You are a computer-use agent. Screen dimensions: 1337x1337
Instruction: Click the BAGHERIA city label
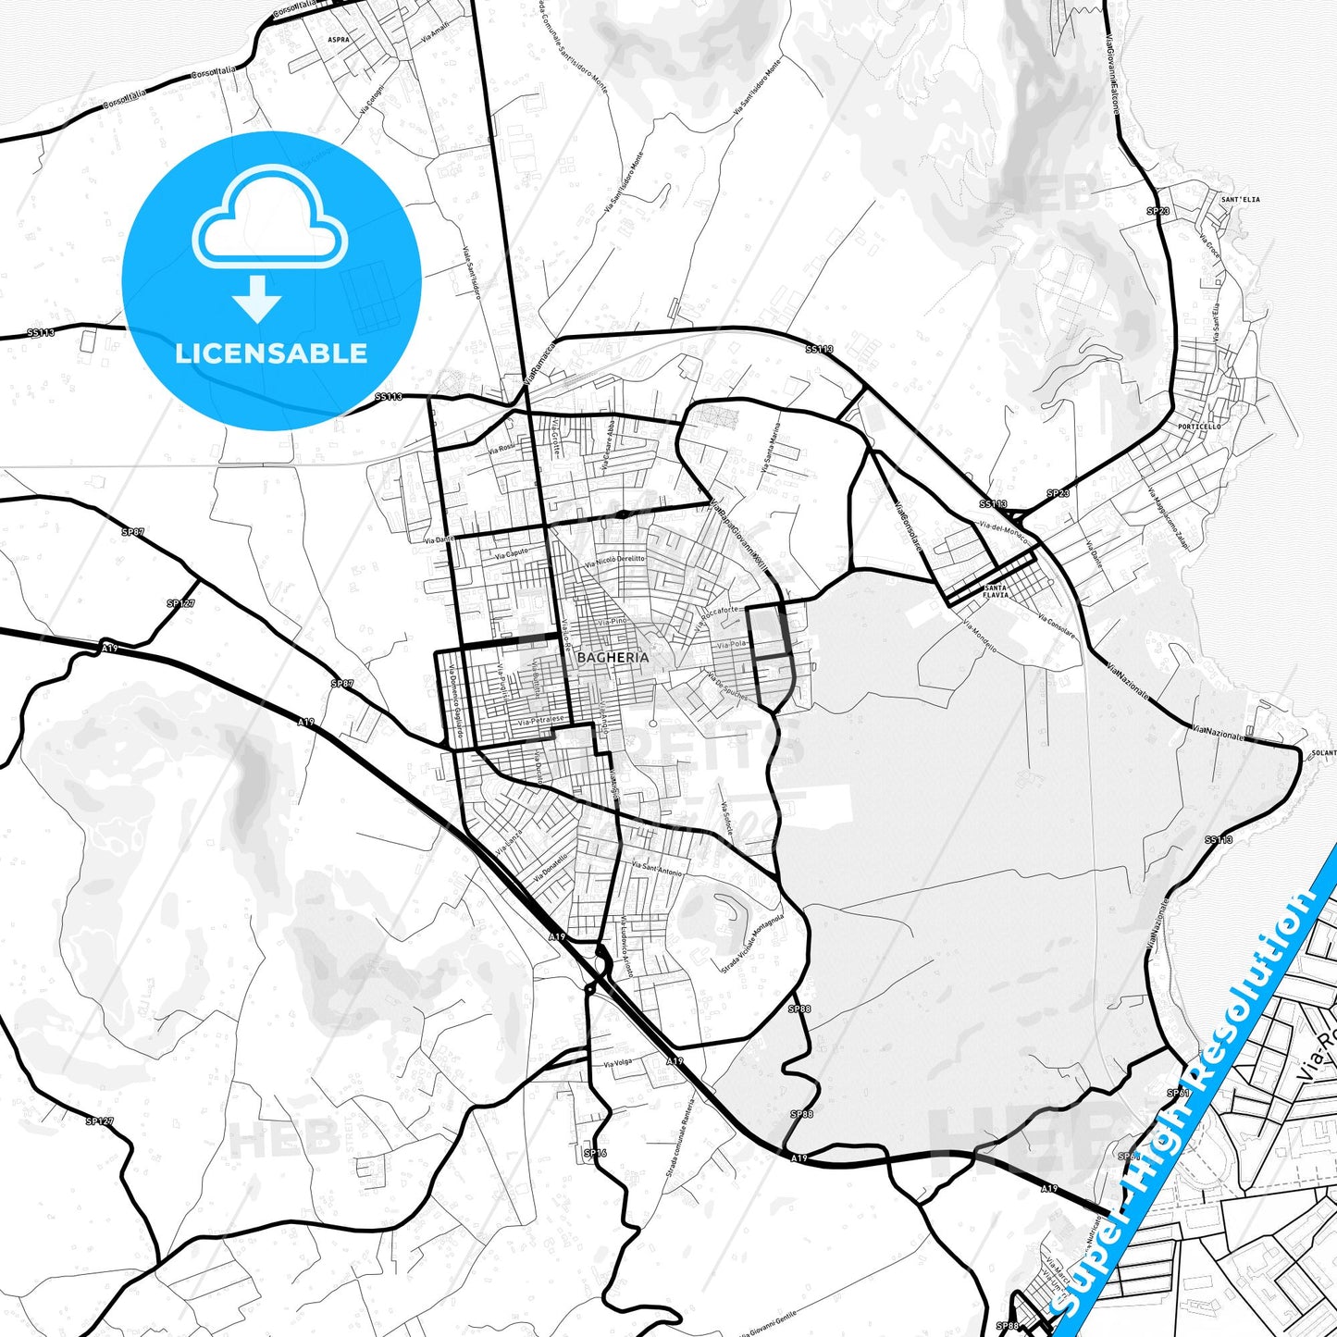(612, 656)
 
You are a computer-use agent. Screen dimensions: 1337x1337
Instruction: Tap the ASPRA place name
(339, 40)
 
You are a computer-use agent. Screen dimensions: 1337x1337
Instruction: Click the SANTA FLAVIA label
(996, 591)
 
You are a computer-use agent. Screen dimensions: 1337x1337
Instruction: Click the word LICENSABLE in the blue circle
(271, 353)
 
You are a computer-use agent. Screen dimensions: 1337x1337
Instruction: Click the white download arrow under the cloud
(257, 298)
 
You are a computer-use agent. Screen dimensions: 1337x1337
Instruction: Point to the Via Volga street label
(617, 1063)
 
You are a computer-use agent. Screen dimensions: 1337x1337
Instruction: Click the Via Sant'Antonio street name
(656, 868)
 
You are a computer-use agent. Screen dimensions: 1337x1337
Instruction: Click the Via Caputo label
(512, 553)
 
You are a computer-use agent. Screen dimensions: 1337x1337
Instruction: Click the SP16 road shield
(594, 1154)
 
